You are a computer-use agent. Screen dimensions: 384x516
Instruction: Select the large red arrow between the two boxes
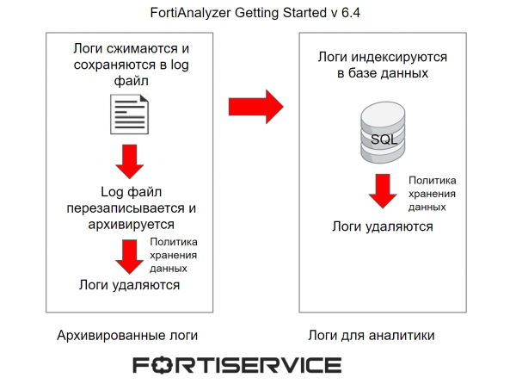coord(255,108)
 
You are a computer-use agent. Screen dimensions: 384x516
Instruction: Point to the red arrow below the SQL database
coord(382,191)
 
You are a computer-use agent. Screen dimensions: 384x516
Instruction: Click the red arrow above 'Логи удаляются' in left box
coord(130,255)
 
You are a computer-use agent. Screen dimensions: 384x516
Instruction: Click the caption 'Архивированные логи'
coord(132,334)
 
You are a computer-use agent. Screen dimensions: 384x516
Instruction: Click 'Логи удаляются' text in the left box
coord(129,285)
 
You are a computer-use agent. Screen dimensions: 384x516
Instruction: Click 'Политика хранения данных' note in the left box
coord(174,256)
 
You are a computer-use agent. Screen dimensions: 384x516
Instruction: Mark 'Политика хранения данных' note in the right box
coord(432,194)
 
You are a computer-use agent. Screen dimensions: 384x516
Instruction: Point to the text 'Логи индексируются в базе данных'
coord(383,65)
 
